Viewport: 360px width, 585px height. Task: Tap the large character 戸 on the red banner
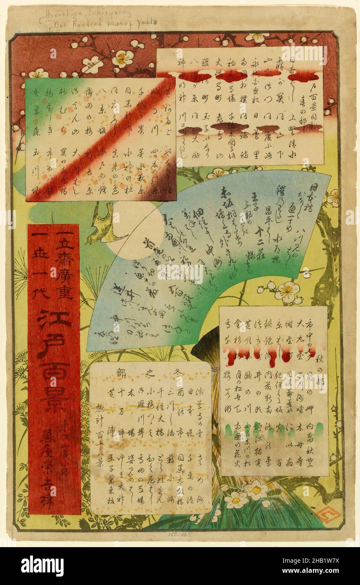[x=54, y=345]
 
